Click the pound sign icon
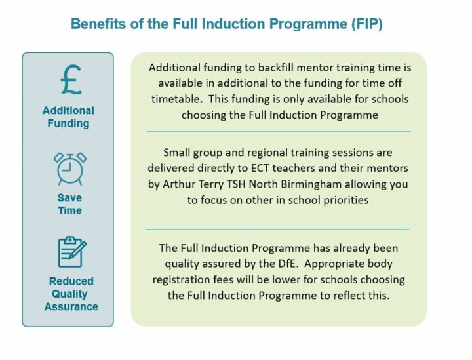click(x=71, y=79)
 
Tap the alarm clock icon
click(x=70, y=169)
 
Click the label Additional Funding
click(x=68, y=117)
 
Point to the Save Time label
click(x=69, y=204)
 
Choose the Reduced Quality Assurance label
click(x=71, y=294)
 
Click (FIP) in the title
click(x=367, y=24)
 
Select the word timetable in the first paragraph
click(x=176, y=99)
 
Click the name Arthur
click(x=176, y=184)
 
